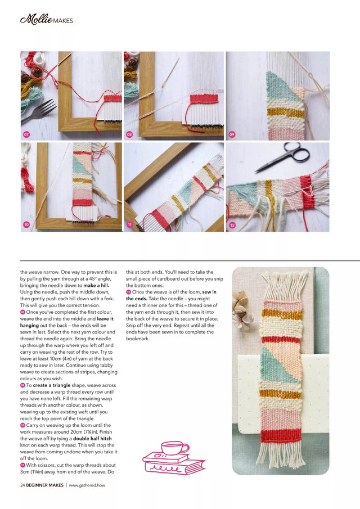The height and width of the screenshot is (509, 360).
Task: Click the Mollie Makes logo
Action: click(46, 21)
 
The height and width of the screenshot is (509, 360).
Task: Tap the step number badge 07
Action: click(26, 134)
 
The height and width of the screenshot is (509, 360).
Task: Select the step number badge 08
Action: click(129, 134)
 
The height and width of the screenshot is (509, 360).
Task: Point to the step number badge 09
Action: click(232, 134)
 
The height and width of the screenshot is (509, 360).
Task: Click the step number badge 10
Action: click(26, 225)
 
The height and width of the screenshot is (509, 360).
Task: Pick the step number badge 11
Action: click(129, 225)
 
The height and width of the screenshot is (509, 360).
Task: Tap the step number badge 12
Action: click(232, 225)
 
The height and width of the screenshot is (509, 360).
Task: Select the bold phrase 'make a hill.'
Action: click(100, 285)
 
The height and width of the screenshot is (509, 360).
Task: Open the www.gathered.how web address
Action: click(89, 484)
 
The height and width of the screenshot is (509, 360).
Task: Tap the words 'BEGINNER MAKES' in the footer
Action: click(44, 484)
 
